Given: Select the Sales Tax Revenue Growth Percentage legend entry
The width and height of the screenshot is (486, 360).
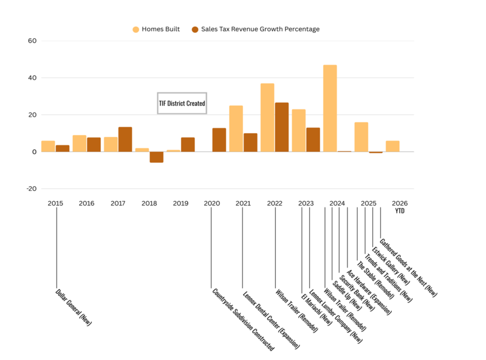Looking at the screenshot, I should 255,29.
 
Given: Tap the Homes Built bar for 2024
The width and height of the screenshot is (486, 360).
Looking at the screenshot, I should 330,108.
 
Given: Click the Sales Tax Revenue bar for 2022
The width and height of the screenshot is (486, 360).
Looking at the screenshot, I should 282,127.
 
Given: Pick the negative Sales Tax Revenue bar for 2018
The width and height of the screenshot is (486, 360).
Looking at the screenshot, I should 156,157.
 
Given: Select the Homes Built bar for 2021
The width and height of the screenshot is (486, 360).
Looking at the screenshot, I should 236,128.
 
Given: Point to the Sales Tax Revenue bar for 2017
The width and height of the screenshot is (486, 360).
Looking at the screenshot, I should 125,139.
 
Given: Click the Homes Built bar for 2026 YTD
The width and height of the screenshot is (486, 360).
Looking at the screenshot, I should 392,146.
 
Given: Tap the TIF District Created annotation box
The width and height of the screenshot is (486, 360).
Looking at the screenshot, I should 182,103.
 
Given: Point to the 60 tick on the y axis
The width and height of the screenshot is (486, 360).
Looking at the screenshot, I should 30,41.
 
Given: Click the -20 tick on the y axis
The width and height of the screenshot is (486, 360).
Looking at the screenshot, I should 30,189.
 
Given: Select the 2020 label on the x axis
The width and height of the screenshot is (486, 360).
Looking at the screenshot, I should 211,203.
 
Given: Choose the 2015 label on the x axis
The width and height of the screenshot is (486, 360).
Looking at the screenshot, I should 55,203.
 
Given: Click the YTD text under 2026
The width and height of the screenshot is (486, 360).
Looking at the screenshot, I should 400,211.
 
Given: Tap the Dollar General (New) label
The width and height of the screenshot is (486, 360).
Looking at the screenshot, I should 74,308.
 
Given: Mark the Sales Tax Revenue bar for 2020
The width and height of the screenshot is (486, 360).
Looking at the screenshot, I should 219,140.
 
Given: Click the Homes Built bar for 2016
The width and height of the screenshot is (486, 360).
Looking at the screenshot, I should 79,144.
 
